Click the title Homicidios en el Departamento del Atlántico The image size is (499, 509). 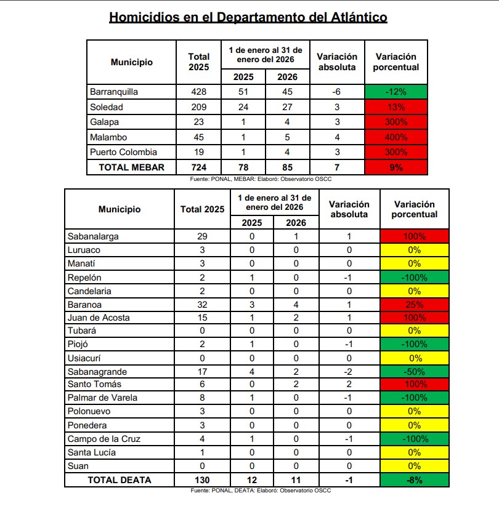248,17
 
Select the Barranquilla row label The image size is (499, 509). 114,92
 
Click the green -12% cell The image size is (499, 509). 396,92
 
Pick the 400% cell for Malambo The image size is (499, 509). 396,137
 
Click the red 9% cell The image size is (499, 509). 396,167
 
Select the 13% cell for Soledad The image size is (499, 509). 396,107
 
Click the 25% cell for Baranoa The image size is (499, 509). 414,304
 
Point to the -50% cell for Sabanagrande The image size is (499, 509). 414,371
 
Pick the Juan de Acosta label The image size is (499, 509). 99,318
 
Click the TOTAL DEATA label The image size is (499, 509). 119,480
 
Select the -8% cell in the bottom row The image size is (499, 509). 414,480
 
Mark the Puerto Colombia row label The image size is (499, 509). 123,152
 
